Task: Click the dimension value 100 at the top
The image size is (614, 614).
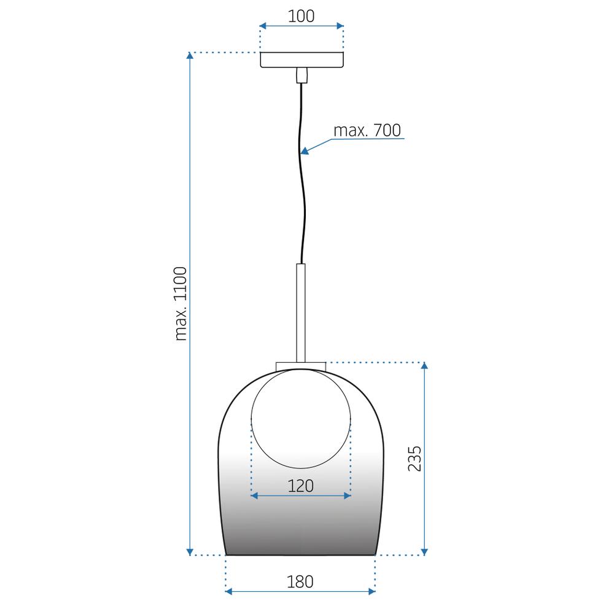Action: click(x=301, y=16)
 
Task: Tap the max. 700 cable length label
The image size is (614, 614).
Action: click(x=367, y=130)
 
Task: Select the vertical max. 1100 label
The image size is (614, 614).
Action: click(x=181, y=303)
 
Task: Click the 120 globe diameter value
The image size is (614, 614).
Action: click(x=301, y=486)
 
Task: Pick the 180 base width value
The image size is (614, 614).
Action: click(x=301, y=581)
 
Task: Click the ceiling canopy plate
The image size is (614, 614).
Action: click(x=301, y=60)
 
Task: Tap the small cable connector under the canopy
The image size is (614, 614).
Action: click(x=301, y=76)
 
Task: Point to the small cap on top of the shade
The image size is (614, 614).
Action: click(x=301, y=367)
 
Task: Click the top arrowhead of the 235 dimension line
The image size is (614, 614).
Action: click(x=424, y=367)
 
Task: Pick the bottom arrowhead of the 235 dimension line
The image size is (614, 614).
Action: click(x=424, y=551)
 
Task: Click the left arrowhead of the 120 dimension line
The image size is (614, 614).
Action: click(x=255, y=495)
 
